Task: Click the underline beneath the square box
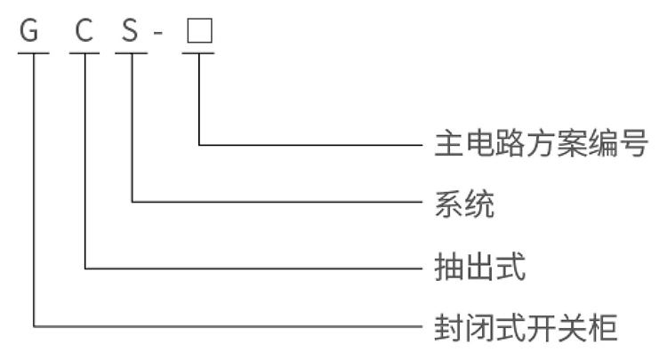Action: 198,52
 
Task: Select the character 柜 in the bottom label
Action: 602,327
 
